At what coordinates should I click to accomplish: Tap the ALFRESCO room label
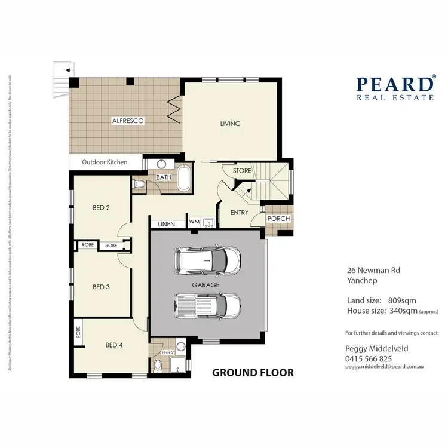click(128, 121)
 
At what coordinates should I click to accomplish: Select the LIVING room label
click(230, 124)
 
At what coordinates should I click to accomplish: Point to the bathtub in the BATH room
click(183, 179)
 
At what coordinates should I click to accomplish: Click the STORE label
click(242, 171)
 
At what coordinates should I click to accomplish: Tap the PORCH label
click(278, 219)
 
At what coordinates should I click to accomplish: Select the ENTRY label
click(239, 212)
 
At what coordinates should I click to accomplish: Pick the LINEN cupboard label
click(167, 224)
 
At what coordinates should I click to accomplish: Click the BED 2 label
click(101, 208)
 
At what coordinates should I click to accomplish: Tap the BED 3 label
click(101, 287)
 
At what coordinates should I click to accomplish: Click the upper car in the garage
click(204, 260)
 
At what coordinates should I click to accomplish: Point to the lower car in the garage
click(207, 305)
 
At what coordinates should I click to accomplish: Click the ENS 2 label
click(167, 352)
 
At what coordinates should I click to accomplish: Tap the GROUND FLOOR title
click(253, 373)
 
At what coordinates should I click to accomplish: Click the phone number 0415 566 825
click(369, 358)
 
